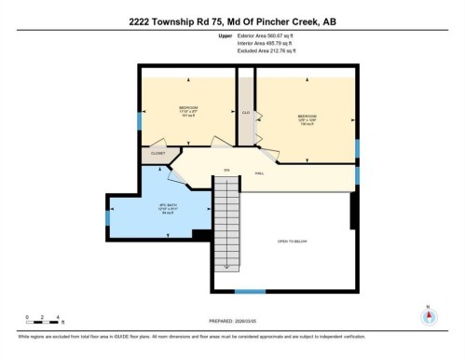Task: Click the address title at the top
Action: pos(232,21)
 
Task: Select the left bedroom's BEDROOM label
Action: pos(187,108)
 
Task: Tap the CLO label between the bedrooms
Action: pos(246,113)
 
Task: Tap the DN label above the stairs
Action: pos(225,170)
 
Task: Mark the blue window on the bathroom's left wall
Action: pos(109,218)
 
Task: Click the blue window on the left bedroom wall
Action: pos(141,120)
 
